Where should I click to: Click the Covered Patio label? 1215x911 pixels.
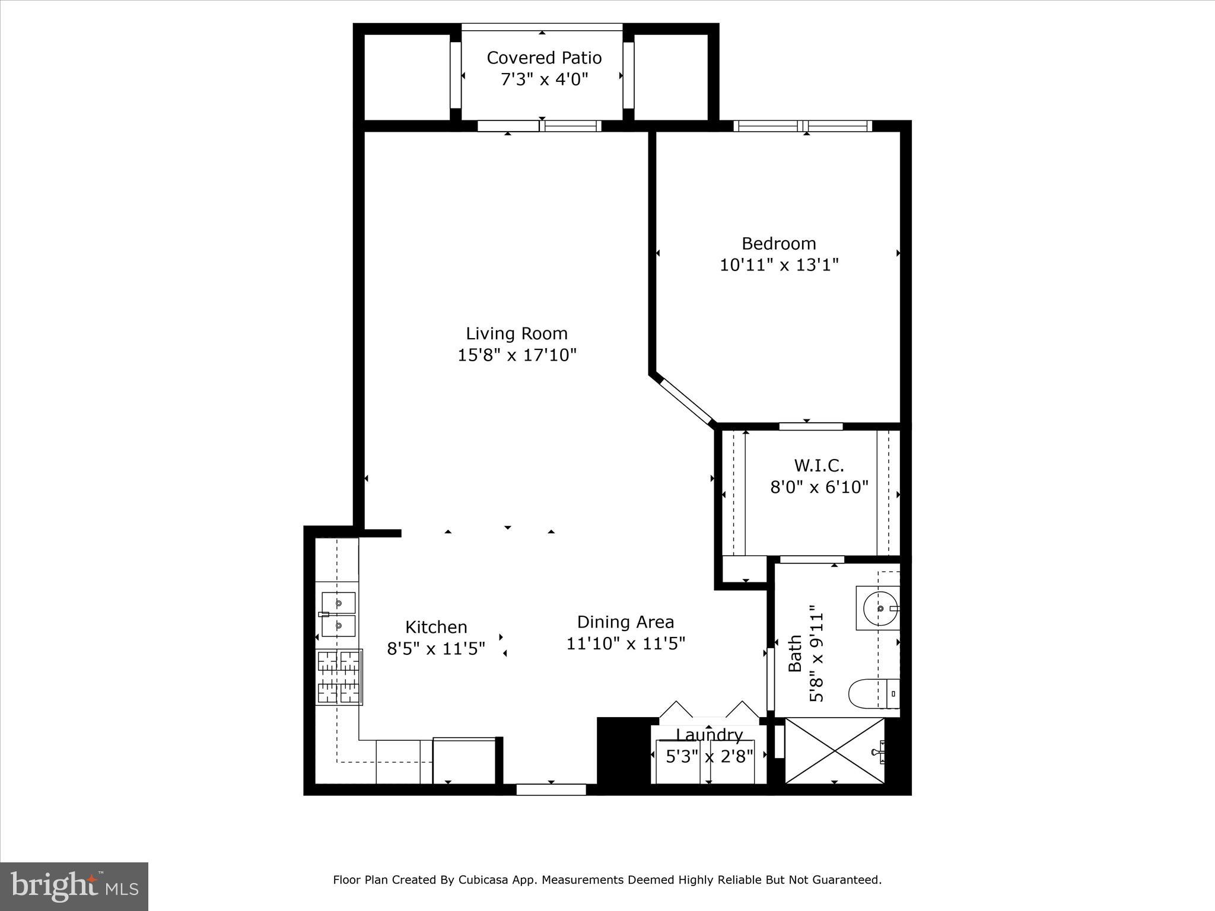544,58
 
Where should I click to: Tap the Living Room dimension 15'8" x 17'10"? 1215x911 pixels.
517,355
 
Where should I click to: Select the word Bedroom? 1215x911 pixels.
778,244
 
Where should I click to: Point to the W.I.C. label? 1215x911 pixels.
819,465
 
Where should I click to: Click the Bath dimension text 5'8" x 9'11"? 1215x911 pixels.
817,654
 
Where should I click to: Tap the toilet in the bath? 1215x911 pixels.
872,693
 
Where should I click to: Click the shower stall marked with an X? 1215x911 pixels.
834,751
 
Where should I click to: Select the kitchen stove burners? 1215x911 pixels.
339,677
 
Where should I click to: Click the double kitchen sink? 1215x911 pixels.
338,614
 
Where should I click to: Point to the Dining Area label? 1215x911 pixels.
625,622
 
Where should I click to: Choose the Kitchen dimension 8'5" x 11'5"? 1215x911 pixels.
436,649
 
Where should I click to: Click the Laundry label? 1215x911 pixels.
709,735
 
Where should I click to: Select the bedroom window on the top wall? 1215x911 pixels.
803,126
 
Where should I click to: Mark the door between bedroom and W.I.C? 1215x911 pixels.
810,426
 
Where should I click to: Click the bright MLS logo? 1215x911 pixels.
74,887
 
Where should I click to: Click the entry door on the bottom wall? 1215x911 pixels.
551,789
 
